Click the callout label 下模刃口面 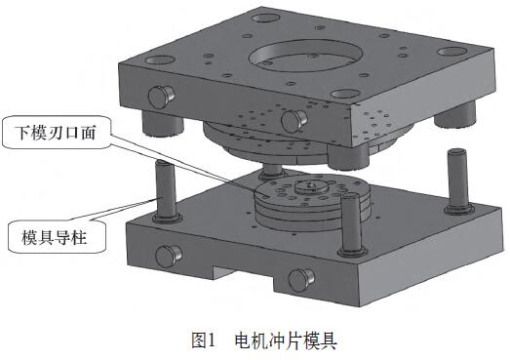pyautogui.click(x=56, y=133)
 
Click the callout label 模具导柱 pyautogui.click(x=55, y=237)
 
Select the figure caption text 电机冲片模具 pyautogui.click(x=286, y=340)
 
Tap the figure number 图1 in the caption pyautogui.click(x=204, y=340)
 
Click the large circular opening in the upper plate pyautogui.click(x=306, y=56)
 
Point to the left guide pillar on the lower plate pyautogui.click(x=166, y=191)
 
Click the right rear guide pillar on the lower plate pyautogui.click(x=458, y=181)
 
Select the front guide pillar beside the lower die pyautogui.click(x=351, y=223)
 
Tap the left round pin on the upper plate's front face pyautogui.click(x=161, y=97)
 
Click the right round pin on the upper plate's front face pyautogui.click(x=294, y=121)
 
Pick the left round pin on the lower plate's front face pyautogui.click(x=169, y=256)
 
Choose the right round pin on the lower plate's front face pyautogui.click(x=301, y=280)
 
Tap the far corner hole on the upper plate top pyautogui.click(x=266, y=18)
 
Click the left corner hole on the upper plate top pyautogui.click(x=161, y=60)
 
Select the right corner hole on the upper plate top pyautogui.click(x=452, y=52)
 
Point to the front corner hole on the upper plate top pyautogui.click(x=346, y=94)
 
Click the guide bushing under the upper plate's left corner pyautogui.click(x=162, y=123)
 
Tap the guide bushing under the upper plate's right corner pyautogui.click(x=454, y=114)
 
